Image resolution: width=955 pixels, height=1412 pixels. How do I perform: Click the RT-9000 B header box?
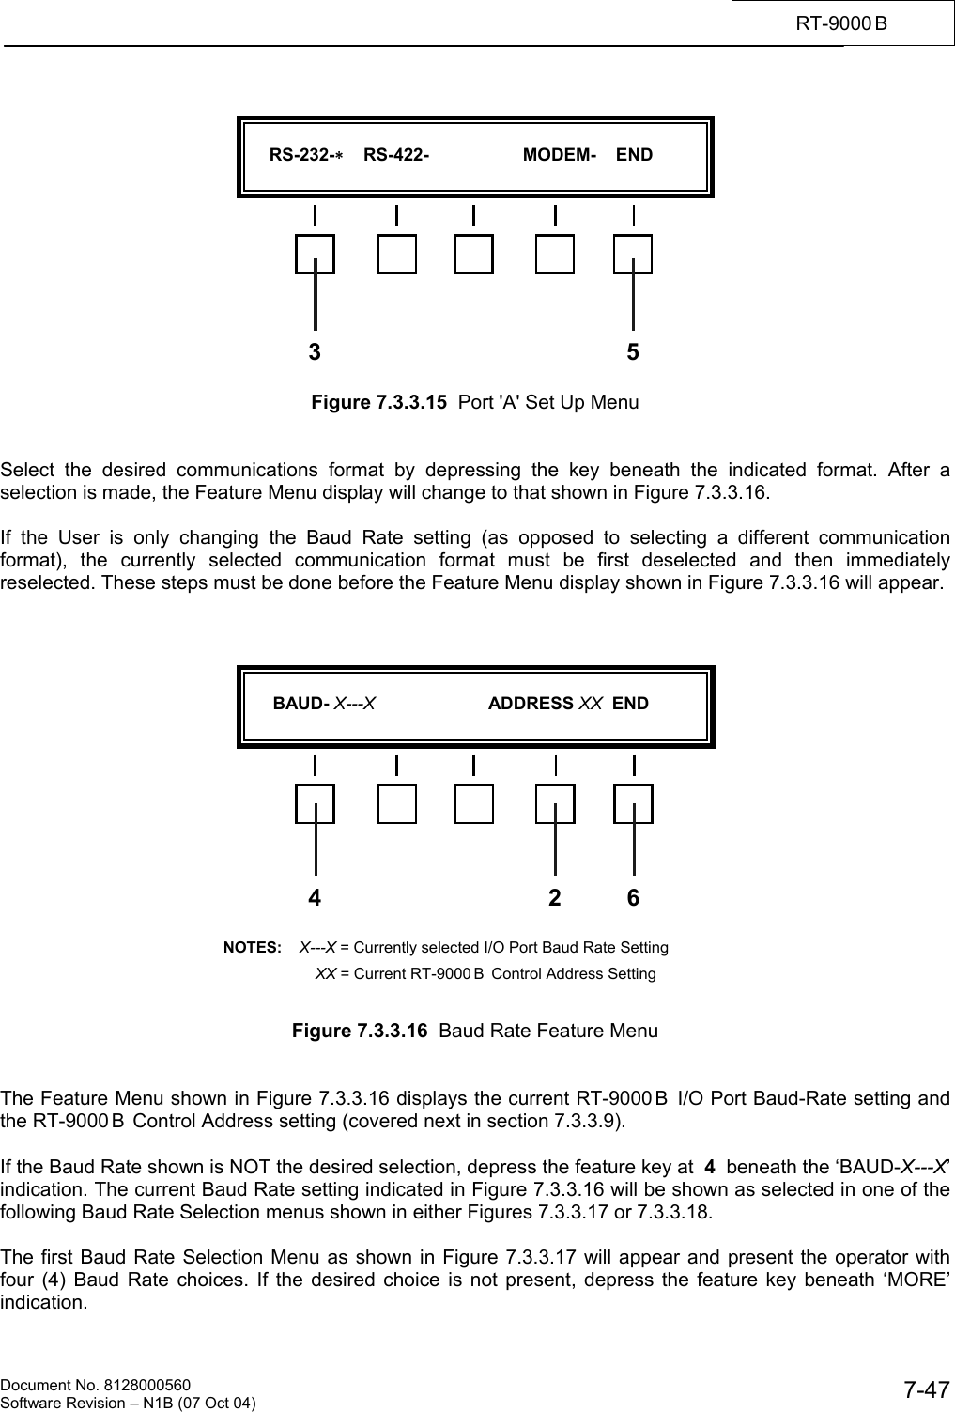tap(842, 23)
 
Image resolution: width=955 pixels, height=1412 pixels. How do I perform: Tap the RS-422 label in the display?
tap(396, 155)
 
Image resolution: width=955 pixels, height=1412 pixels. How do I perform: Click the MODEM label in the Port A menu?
tap(559, 155)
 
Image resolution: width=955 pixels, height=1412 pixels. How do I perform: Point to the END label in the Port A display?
tap(634, 155)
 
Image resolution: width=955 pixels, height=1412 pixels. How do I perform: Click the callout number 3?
tap(315, 352)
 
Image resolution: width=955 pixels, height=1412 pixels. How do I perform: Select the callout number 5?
tap(634, 352)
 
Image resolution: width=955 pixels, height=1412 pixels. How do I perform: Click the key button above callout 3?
tap(315, 254)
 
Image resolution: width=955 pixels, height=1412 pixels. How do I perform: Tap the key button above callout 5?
tap(633, 254)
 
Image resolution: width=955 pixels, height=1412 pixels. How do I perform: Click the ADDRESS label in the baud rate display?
tap(531, 704)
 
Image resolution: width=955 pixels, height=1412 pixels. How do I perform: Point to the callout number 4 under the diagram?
tap(315, 898)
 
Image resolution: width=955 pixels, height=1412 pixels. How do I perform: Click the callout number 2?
tap(555, 898)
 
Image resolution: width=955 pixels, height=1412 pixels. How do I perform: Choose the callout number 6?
tap(634, 898)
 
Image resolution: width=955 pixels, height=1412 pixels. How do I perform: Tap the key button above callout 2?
tap(555, 804)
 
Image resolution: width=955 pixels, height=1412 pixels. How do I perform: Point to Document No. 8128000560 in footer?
tap(96, 1385)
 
